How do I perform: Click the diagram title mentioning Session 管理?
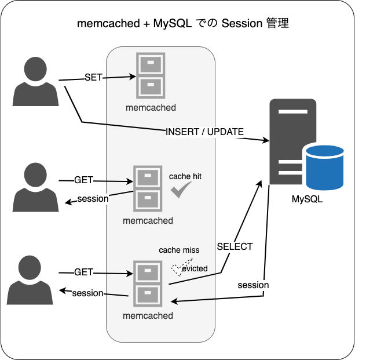183,24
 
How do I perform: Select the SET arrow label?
93,77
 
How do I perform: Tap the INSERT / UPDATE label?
204,132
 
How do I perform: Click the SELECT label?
235,246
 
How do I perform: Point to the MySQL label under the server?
307,200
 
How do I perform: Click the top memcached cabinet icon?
151,75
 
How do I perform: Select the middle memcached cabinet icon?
148,189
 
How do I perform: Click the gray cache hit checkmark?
181,190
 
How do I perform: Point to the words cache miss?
179,250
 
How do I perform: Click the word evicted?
194,268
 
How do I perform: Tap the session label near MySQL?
253,285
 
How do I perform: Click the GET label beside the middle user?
83,180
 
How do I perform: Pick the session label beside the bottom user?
87,293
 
